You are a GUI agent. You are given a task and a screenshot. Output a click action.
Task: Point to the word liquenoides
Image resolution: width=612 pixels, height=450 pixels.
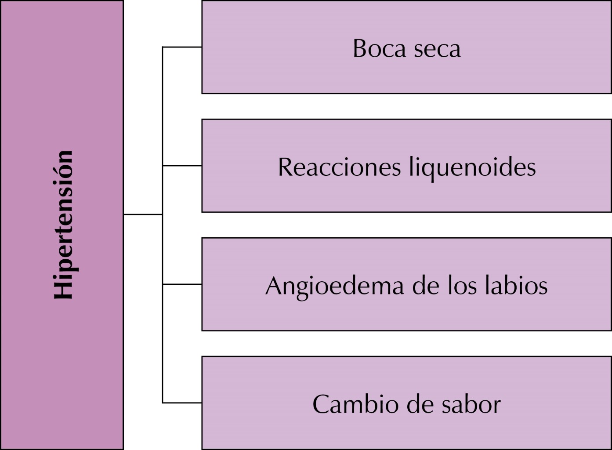[x=472, y=167]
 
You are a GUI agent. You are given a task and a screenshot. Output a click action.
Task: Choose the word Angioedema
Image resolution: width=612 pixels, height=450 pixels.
[x=335, y=286]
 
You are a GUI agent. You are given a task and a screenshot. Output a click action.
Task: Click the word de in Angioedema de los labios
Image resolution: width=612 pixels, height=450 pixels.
[x=426, y=286]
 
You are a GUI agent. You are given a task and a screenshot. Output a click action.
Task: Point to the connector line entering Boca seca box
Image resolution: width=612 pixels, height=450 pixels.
[x=182, y=47]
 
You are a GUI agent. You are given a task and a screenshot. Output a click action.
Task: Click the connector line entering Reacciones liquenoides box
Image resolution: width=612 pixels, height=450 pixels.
[x=182, y=166]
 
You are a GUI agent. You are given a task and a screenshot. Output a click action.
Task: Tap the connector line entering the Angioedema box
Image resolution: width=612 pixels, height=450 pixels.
[x=182, y=284]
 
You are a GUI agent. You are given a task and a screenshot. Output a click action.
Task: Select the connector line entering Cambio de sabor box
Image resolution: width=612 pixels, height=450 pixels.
[x=182, y=403]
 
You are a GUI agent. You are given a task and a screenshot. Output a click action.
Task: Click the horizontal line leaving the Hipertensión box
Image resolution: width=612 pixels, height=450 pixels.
[x=143, y=214]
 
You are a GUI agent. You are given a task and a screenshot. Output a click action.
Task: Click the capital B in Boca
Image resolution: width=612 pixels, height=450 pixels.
[x=360, y=48]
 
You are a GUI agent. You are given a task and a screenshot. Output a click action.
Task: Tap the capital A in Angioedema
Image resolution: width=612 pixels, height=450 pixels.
[x=274, y=286]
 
